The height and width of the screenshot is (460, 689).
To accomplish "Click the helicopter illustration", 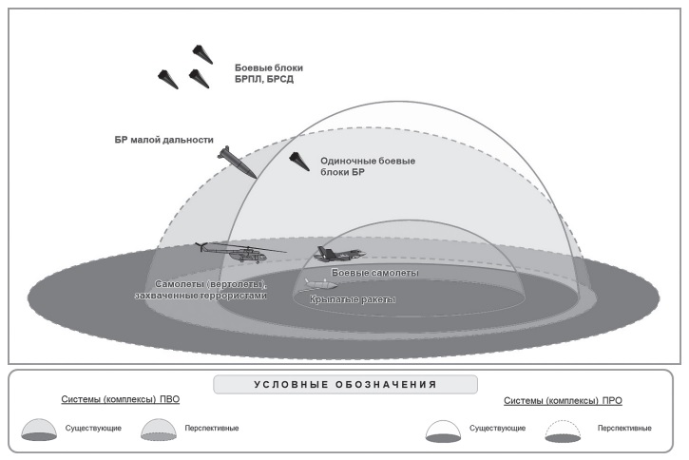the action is (239, 252).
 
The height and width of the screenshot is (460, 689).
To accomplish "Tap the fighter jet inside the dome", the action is (339, 255).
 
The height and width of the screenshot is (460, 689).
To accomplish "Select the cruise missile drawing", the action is (321, 284).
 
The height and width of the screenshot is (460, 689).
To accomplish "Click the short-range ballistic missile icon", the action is (238, 163).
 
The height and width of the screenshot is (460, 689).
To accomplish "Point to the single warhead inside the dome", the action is (299, 162).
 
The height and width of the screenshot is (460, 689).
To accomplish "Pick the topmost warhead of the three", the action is (202, 54).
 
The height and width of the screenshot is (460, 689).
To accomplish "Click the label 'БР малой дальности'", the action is (163, 140).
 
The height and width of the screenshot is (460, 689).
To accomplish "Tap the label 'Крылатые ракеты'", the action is (353, 299).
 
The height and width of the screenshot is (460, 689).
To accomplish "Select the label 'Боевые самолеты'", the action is (374, 273).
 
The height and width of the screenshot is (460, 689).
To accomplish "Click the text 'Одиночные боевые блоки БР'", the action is (368, 166).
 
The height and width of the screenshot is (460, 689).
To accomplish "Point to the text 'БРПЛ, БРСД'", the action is (264, 80).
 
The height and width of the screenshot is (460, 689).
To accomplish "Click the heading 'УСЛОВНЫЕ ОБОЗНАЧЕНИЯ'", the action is (345, 384).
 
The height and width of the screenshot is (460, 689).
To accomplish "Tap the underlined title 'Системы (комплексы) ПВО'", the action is (121, 399).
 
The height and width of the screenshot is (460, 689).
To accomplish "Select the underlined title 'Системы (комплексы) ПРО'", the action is (563, 401).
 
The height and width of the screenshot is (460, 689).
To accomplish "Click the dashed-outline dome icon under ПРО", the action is (563, 431).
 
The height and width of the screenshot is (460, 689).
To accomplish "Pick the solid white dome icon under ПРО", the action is (444, 431).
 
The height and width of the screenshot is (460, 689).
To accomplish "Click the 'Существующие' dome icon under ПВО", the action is (39, 430).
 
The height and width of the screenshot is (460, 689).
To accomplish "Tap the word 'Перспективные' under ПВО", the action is (212, 428).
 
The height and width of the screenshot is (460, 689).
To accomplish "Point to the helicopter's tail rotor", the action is (201, 247).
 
